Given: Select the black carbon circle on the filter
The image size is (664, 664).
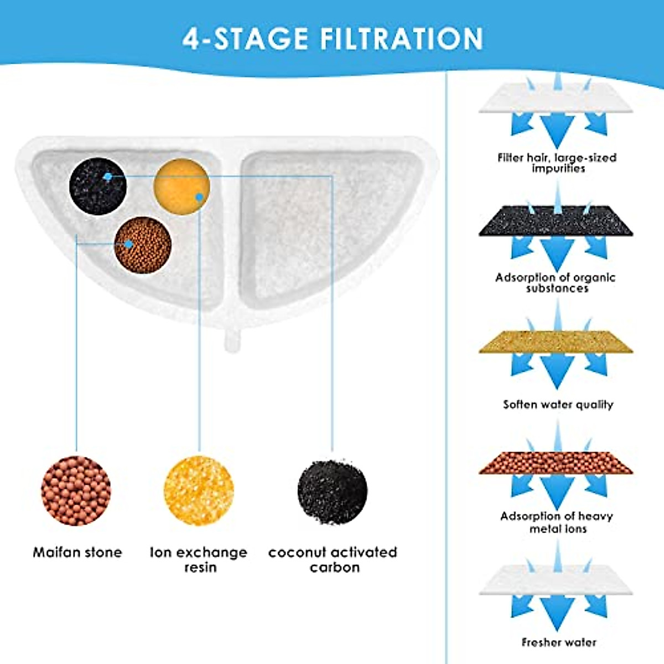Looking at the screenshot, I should coord(98,186).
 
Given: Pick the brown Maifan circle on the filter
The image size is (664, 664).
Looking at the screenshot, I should coord(143,245).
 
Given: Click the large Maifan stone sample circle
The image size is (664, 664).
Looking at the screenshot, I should coord(76,490).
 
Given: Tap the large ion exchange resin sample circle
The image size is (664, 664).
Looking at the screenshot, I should coord(199,490).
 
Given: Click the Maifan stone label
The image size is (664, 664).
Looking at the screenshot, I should coord(77,552).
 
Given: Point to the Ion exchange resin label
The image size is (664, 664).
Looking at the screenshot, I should coord(199,559).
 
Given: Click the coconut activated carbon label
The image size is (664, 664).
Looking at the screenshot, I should coord(333,559).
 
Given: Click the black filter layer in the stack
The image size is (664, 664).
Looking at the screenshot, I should coord(556,221).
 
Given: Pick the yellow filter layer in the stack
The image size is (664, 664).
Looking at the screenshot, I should coord(556,341).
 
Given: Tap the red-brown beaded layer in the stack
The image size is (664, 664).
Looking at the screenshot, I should coord(556,463).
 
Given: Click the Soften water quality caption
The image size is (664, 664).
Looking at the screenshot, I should coord(558,404).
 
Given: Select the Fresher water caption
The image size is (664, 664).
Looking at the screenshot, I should coord(559,642).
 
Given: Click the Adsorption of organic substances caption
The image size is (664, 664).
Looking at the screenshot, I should coord(556,283).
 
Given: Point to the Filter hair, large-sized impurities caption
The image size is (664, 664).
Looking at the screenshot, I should coord(557,163).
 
